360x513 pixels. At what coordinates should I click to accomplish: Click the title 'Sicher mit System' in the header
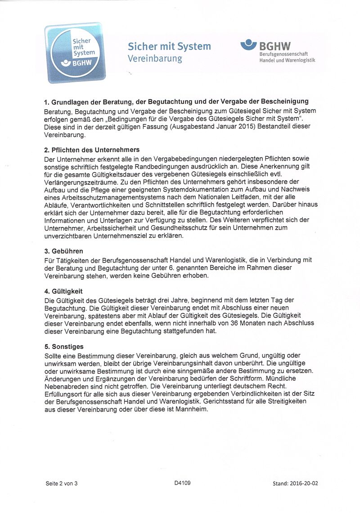[x=169, y=47]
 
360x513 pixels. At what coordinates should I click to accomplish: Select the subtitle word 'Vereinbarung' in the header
[x=154, y=59]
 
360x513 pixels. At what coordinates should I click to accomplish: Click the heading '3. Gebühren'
[x=64, y=251]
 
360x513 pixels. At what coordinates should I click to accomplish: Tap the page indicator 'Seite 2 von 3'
[x=62, y=484]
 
